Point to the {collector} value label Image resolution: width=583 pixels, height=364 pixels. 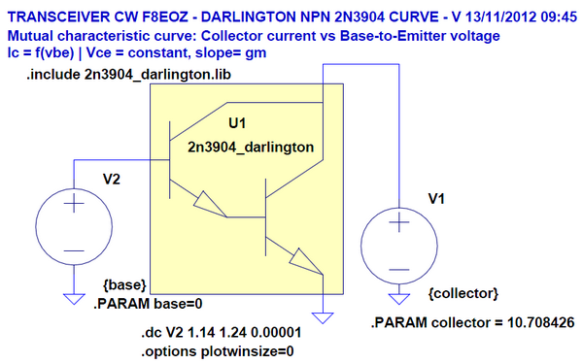[463, 292]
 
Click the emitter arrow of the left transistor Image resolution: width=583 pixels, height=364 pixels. [207, 202]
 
